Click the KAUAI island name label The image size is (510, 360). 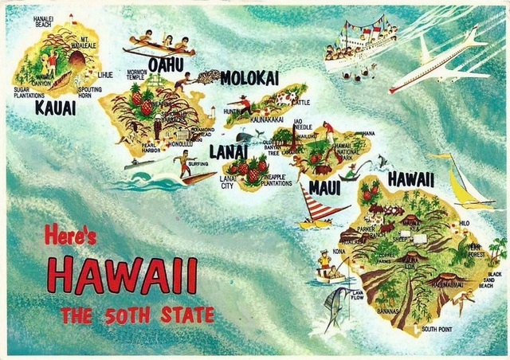[55, 107]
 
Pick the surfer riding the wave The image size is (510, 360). [183, 163]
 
